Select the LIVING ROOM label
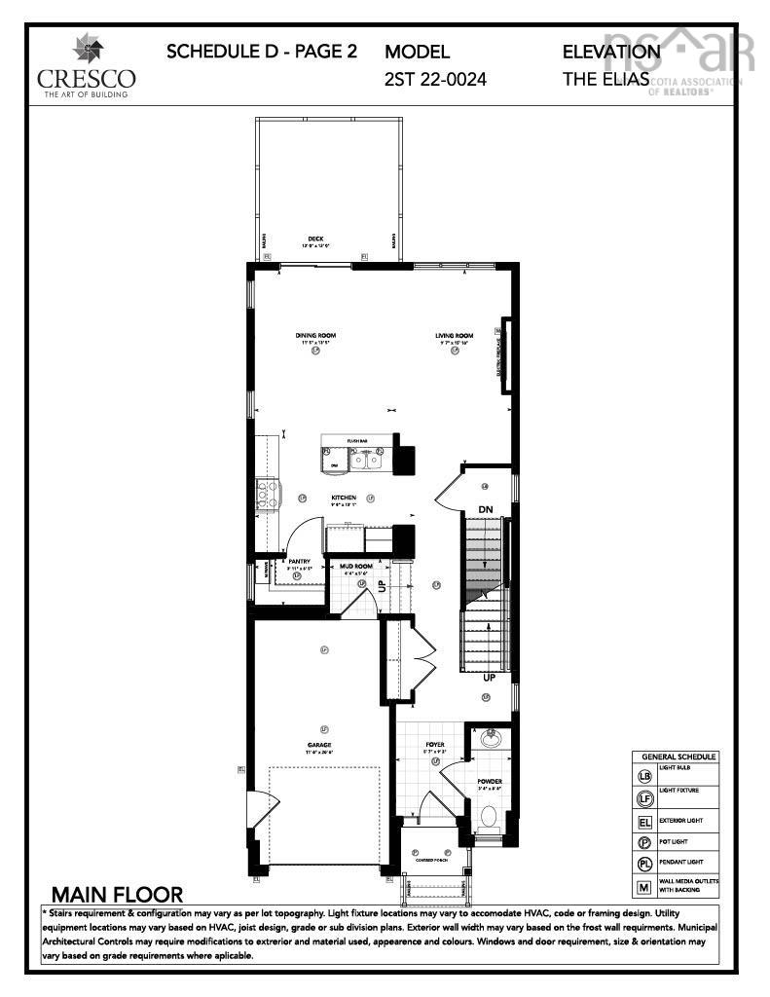tap(454, 336)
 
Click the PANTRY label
tap(298, 562)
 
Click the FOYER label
tap(434, 744)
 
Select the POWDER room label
tap(489, 781)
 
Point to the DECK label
tap(315, 239)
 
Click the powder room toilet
tap(490, 815)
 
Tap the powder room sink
tap(490, 737)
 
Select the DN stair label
tap(486, 509)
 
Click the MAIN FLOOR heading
tap(117, 894)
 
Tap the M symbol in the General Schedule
tap(643, 887)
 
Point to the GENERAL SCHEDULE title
tap(678, 757)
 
